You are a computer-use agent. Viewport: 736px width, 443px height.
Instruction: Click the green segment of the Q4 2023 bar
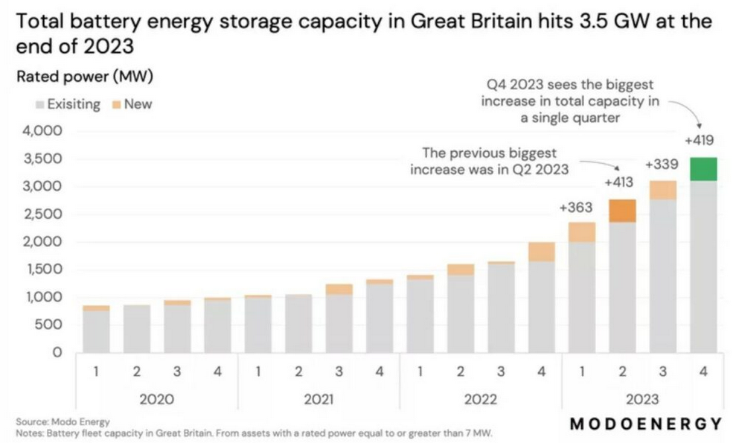click(703, 169)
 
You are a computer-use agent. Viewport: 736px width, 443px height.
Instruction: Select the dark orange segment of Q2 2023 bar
click(622, 211)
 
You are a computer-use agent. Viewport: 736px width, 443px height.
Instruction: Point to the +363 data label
click(575, 208)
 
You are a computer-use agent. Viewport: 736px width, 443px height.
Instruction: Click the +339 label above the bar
click(662, 164)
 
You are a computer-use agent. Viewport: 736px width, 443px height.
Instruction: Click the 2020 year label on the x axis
click(156, 399)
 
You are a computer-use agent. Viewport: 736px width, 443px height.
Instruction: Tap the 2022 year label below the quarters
click(480, 399)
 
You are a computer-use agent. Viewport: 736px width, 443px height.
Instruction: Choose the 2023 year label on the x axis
click(641, 399)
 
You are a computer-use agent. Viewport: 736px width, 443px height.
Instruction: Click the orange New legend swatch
click(115, 105)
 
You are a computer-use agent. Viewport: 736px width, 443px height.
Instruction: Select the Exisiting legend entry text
click(73, 105)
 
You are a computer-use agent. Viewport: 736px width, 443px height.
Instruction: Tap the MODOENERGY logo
click(645, 424)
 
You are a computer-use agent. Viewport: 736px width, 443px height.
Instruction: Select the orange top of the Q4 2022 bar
click(541, 251)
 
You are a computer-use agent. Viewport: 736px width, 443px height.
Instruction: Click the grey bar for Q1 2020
click(96, 331)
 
